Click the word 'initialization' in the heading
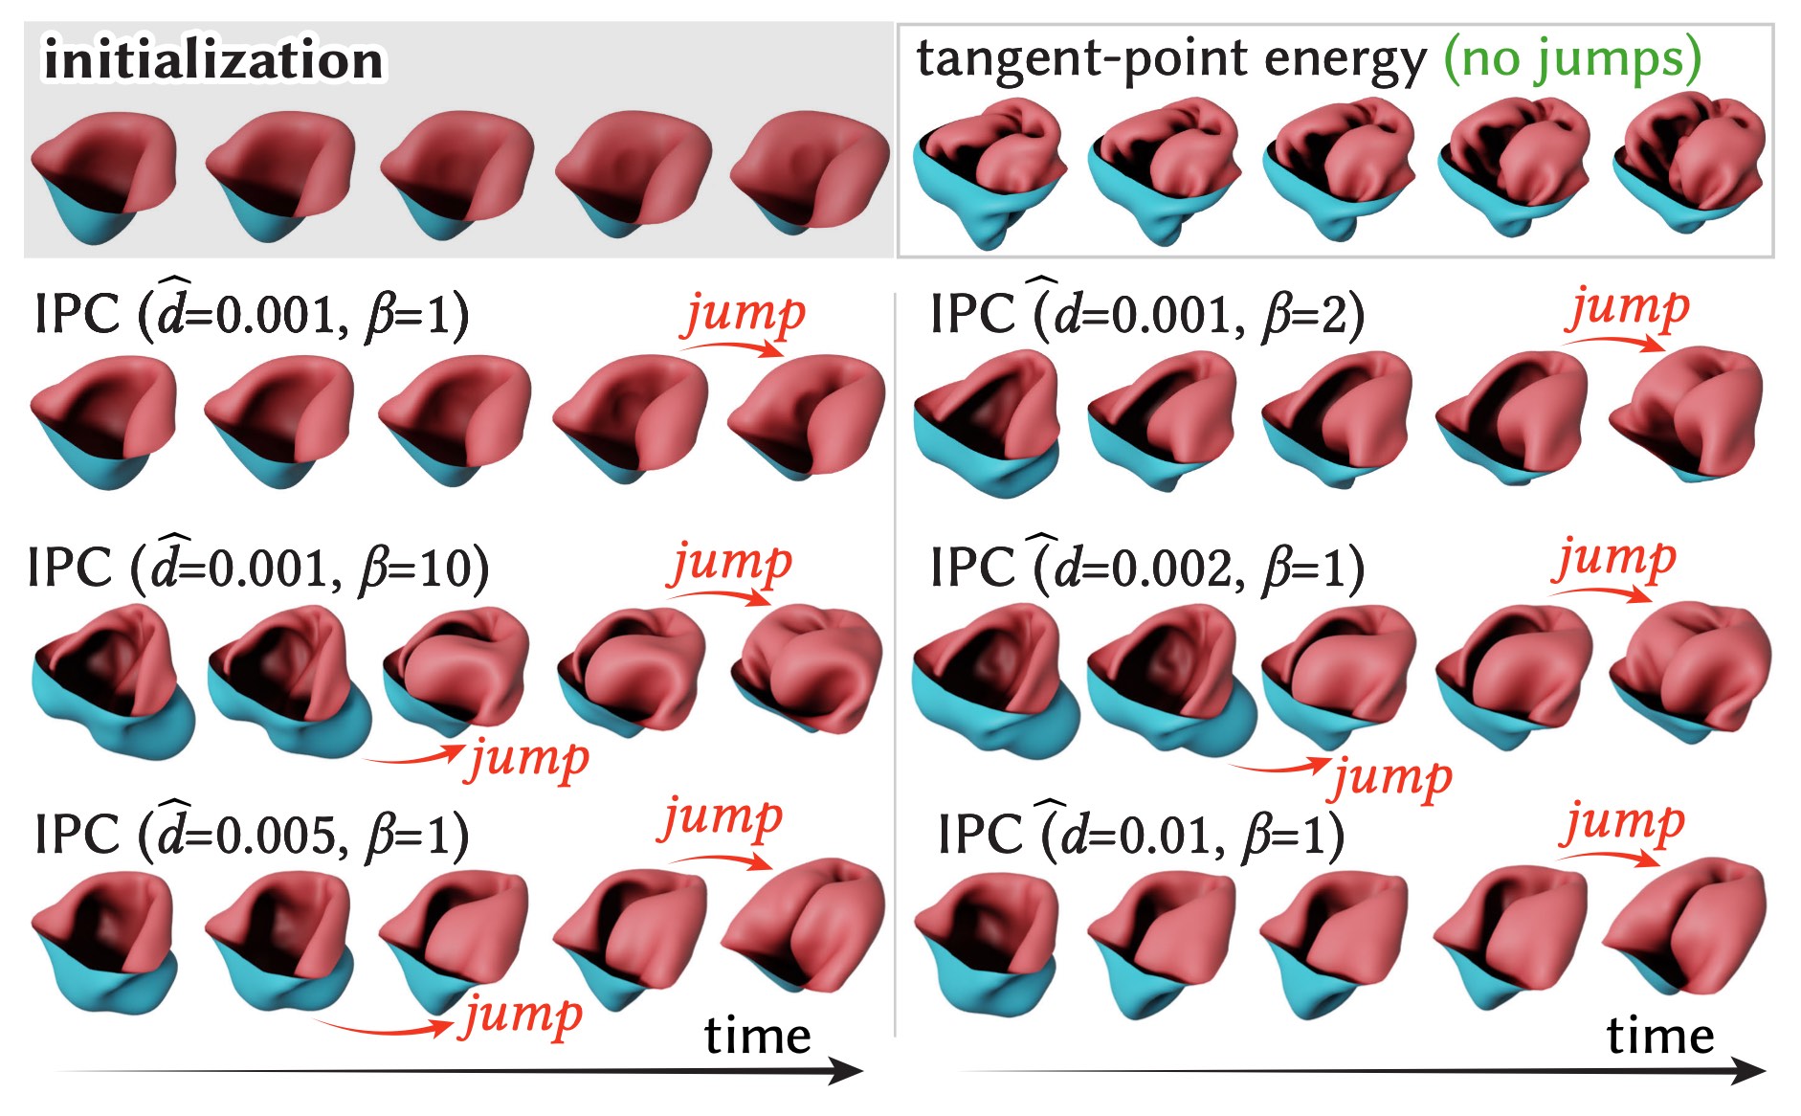(213, 60)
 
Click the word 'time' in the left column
(757, 1036)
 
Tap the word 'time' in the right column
(1660, 1036)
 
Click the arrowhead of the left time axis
(847, 1071)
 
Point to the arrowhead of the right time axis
(1749, 1071)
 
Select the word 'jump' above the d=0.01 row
(1623, 823)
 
